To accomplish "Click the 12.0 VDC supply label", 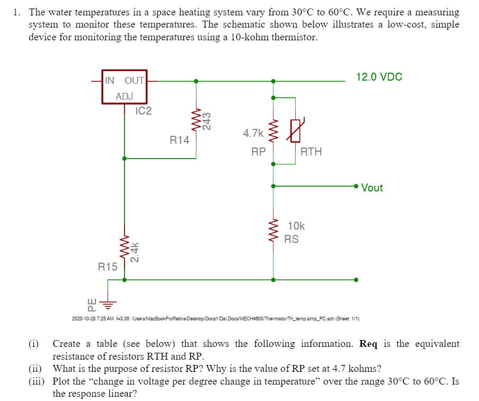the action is pyautogui.click(x=379, y=77).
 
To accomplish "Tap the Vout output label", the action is pyautogui.click(x=372, y=188).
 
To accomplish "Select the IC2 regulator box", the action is pyautogui.click(x=125, y=87).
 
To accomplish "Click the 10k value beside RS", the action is pyautogui.click(x=296, y=226).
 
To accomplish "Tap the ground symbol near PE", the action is pyautogui.click(x=109, y=305).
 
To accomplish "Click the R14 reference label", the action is pyautogui.click(x=180, y=140).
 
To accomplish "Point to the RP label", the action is pyautogui.click(x=259, y=152).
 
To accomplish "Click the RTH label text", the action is pyautogui.click(x=311, y=152).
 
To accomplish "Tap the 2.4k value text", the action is pyautogui.click(x=136, y=252).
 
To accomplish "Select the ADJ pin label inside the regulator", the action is pyautogui.click(x=125, y=97).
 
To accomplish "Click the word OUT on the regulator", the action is pyautogui.click(x=134, y=81).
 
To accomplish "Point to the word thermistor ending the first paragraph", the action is pyautogui.click(x=295, y=38).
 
